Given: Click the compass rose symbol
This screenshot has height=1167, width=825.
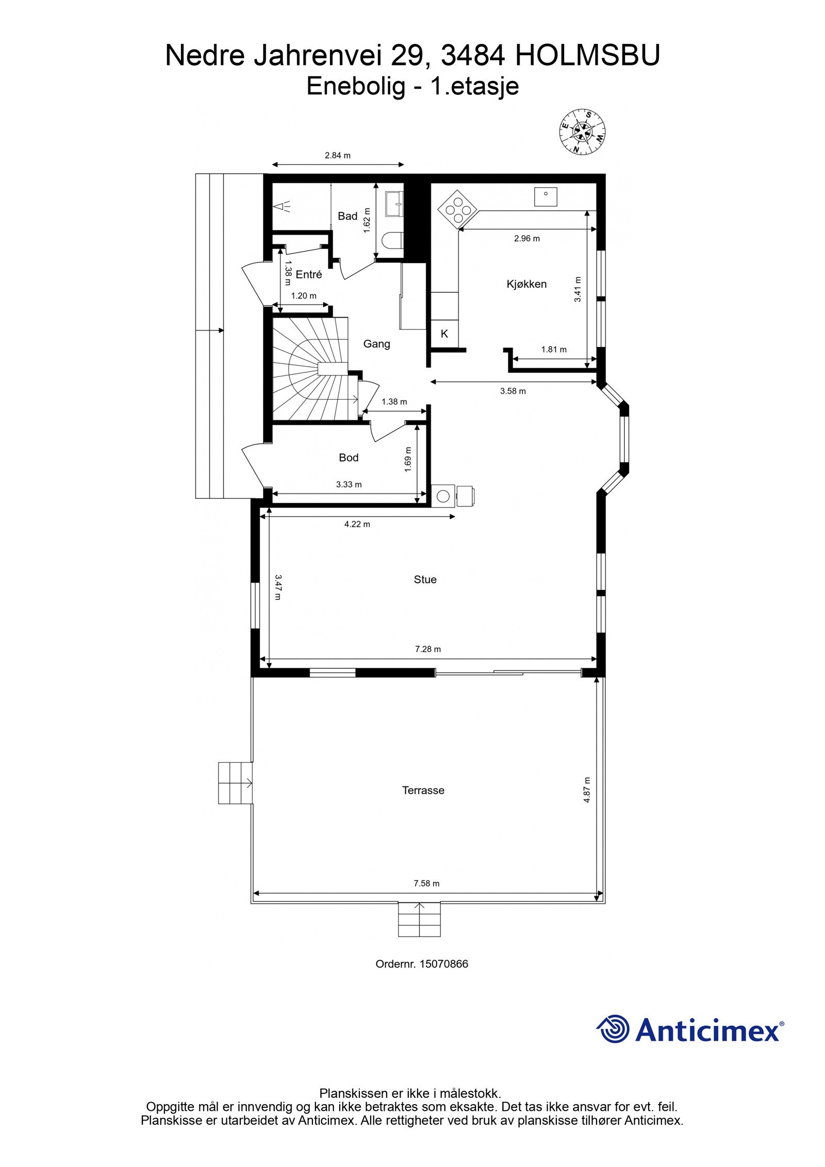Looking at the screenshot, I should point(582,132).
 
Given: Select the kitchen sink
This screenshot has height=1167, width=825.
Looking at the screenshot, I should point(546,196).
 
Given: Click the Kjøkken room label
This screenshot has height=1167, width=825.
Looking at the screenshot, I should point(526,284).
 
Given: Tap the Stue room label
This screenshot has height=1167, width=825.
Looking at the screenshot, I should point(425,580).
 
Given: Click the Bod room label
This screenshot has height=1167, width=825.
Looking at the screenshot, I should point(349,457).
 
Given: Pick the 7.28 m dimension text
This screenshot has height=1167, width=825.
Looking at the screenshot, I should point(427,649).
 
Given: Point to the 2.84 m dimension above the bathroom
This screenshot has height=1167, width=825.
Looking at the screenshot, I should point(337,155).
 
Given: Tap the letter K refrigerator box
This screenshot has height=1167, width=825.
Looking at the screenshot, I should point(444,334).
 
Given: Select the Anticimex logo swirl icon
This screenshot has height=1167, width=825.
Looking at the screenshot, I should point(613,1029).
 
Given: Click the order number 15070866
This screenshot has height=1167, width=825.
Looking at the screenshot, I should point(443,964).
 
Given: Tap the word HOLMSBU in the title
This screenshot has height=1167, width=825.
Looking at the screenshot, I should point(587,56).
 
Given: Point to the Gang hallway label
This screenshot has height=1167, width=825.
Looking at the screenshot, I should point(376,344).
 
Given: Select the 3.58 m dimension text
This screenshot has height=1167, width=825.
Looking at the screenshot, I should point(513,391).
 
